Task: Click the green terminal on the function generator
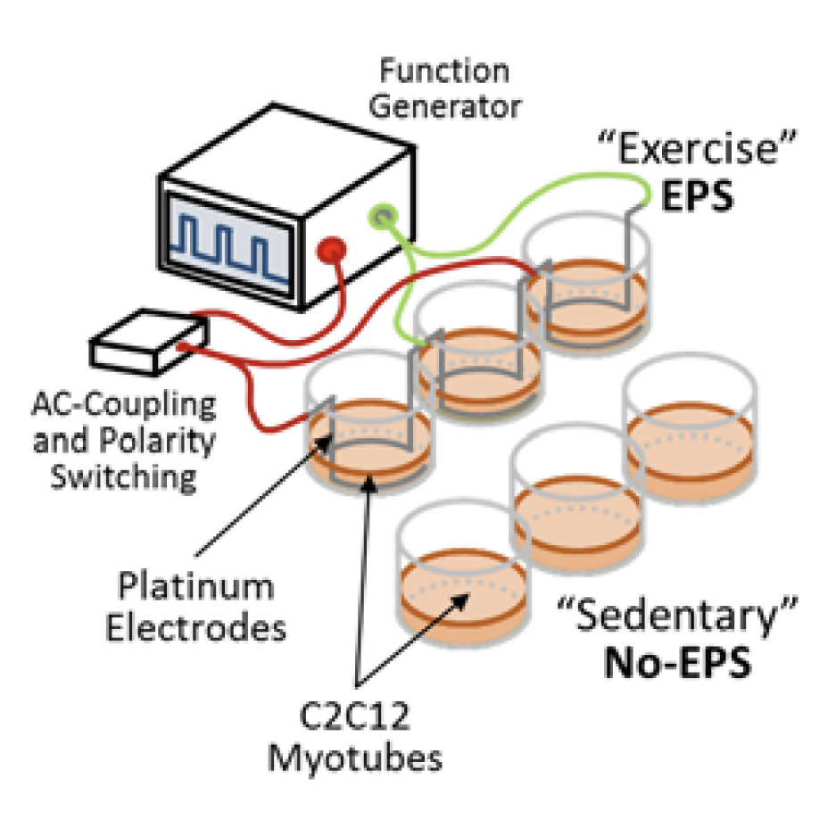click(x=383, y=216)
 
